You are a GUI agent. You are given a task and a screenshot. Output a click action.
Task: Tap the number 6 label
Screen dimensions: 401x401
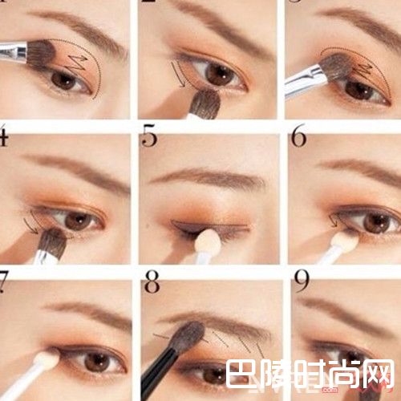[x=298, y=137]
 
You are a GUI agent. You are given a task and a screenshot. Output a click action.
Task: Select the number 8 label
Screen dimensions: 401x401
[x=149, y=282]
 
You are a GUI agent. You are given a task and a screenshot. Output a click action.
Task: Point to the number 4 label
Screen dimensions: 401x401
[x=3, y=138]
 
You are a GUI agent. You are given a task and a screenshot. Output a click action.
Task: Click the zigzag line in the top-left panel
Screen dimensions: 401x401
[x=79, y=60]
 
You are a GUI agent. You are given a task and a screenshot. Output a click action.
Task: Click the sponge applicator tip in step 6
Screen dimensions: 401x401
[x=346, y=239]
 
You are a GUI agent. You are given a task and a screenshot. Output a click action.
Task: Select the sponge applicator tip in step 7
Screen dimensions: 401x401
[x=47, y=358]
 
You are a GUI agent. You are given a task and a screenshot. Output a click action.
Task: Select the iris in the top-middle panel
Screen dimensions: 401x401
[x=218, y=74]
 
